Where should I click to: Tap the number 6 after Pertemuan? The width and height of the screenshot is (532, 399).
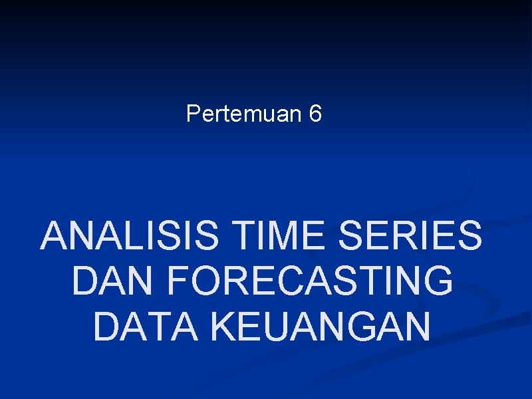(x=316, y=114)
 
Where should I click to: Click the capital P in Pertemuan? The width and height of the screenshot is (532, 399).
(x=193, y=114)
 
